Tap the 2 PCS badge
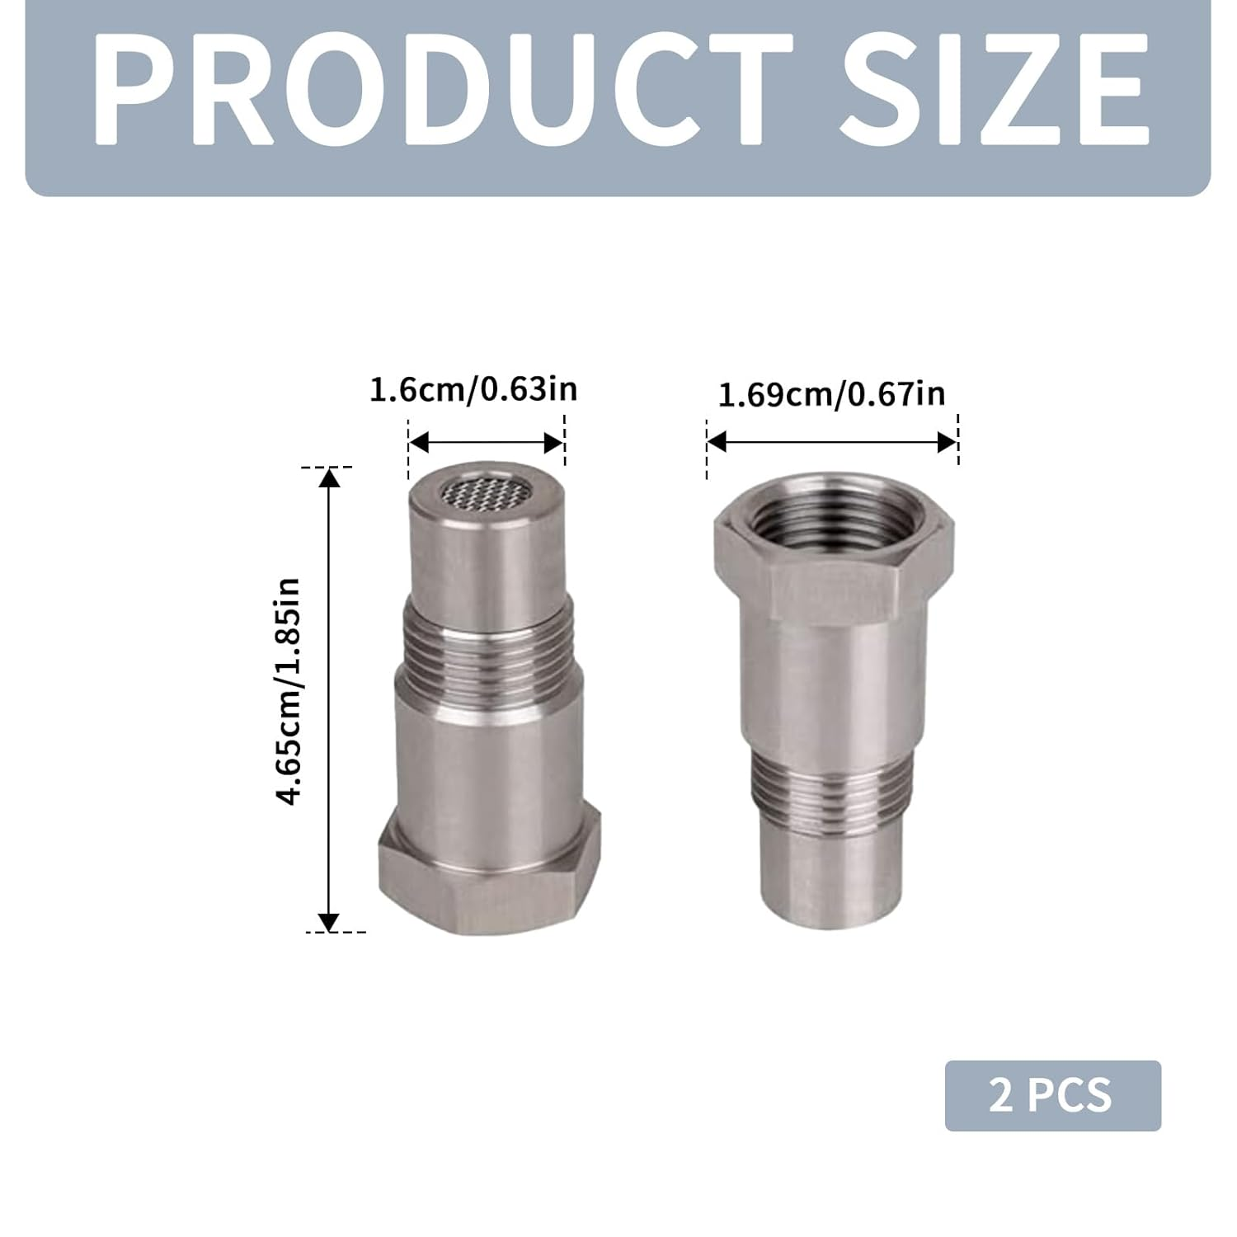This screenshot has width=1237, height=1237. (1052, 1095)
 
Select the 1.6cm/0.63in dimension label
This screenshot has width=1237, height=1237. (473, 388)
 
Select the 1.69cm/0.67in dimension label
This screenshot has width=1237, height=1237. (831, 394)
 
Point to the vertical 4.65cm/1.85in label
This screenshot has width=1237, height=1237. (289, 691)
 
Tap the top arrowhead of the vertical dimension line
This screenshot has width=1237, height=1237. (329, 477)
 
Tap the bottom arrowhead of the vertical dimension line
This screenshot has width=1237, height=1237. (329, 923)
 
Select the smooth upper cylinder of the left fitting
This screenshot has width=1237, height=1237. (487, 561)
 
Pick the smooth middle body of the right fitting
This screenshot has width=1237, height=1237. (833, 684)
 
